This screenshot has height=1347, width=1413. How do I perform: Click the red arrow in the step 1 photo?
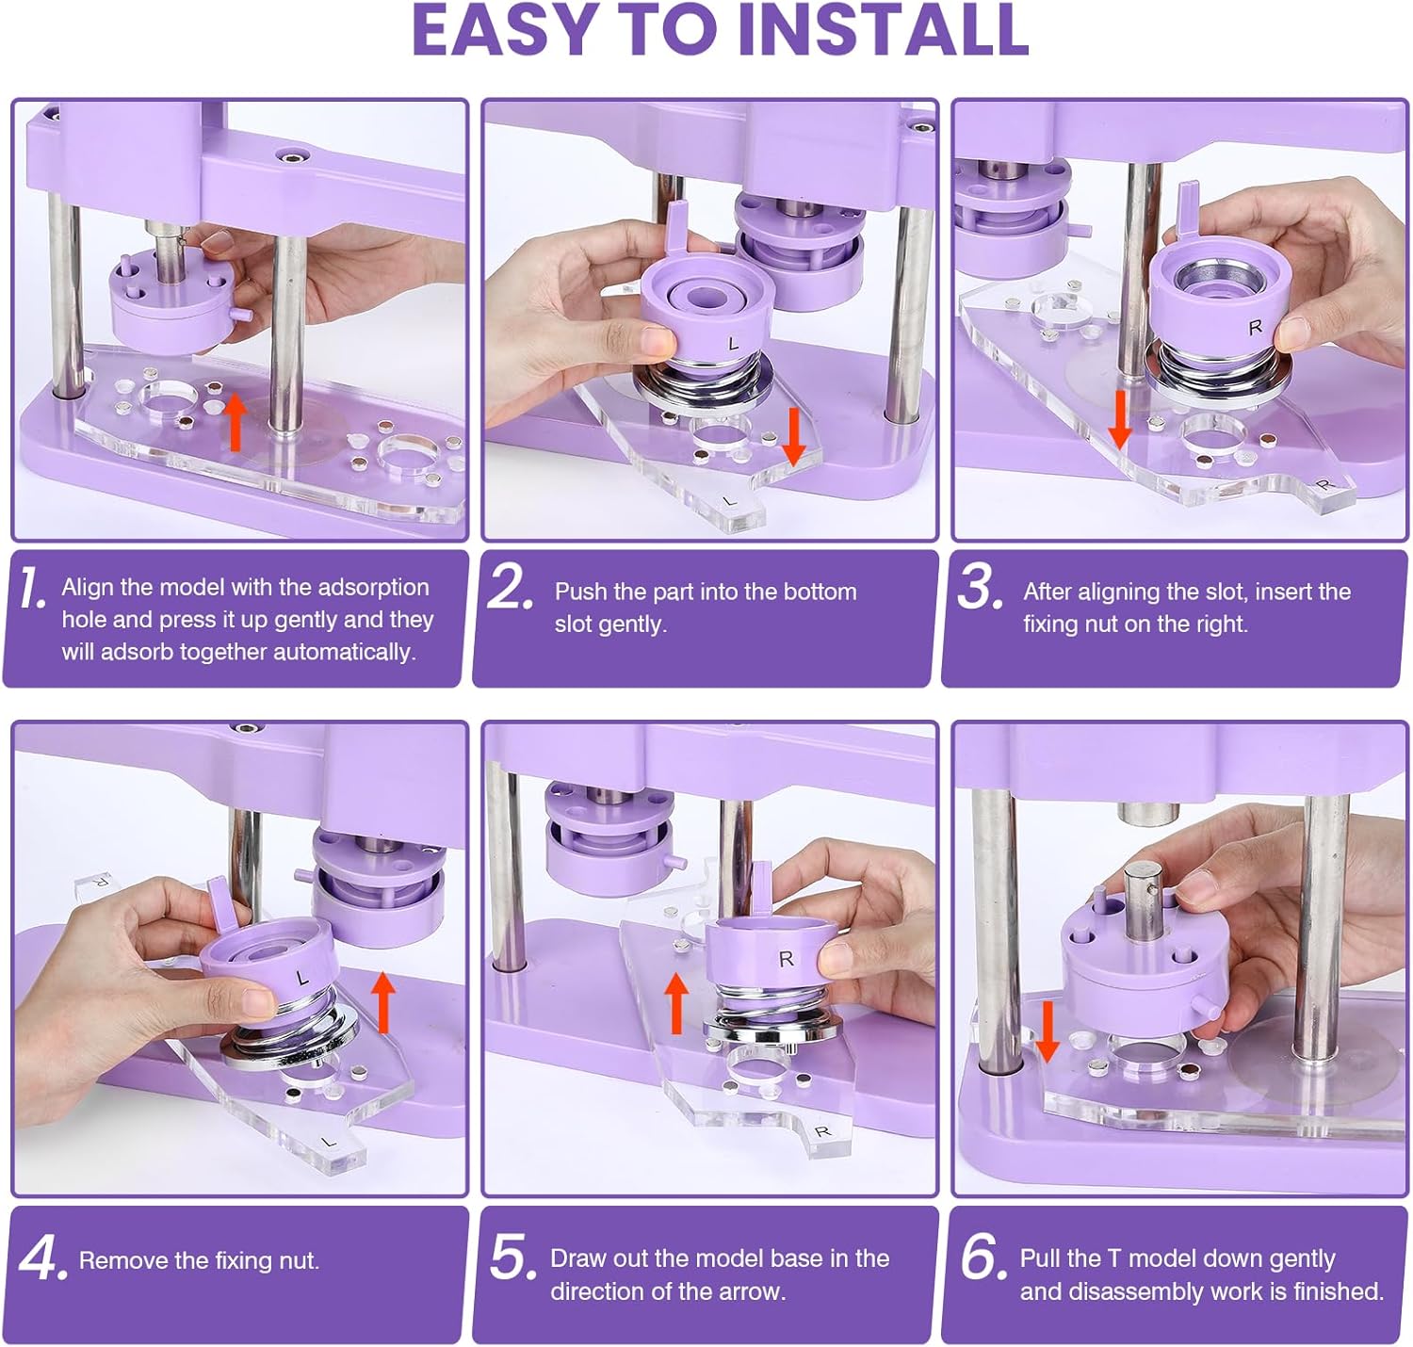235,422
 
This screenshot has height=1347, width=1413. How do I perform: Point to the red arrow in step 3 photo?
1120,420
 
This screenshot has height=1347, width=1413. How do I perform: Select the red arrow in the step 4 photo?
383,1002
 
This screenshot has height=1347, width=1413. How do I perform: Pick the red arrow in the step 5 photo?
676,1002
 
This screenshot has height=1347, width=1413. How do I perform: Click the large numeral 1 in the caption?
31,588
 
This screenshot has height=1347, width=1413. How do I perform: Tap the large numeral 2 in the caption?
510,588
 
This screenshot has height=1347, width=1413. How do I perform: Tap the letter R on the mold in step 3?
1256,328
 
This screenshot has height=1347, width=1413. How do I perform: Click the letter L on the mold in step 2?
733,344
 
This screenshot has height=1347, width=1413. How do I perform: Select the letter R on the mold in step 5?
787,959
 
